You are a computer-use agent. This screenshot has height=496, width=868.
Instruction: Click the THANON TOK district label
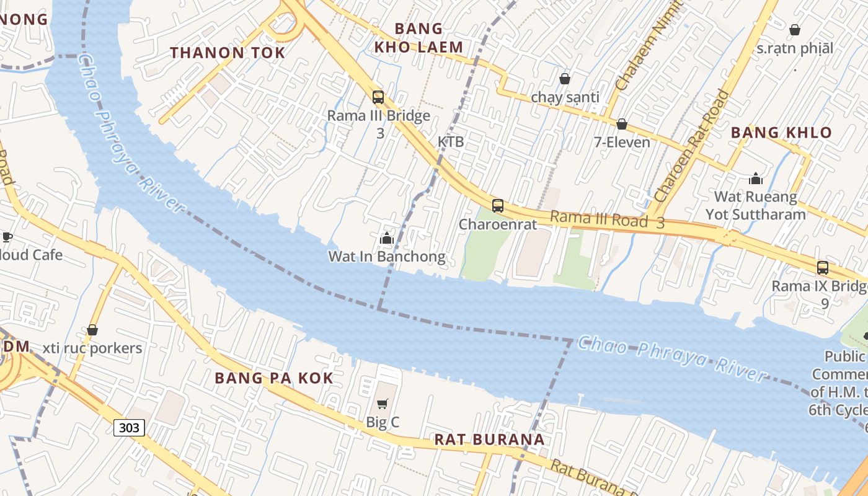tap(228, 53)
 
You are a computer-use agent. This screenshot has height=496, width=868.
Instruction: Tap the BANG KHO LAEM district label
tap(419, 38)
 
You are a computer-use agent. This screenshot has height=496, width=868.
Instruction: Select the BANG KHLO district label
tap(781, 132)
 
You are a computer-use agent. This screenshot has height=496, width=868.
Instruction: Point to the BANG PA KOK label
tap(274, 378)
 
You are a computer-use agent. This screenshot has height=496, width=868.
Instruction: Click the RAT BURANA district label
tap(489, 440)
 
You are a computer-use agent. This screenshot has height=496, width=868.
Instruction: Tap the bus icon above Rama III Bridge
tap(378, 97)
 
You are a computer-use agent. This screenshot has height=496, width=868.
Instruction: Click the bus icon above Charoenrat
tap(497, 205)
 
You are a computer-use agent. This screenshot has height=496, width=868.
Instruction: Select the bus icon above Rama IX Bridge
tap(822, 267)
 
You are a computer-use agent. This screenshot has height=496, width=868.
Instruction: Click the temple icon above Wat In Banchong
tap(387, 238)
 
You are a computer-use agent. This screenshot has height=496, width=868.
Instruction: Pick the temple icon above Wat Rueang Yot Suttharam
tap(755, 179)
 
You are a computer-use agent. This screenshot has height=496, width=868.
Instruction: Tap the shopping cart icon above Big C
tap(383, 404)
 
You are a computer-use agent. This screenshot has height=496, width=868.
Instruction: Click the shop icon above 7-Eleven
tap(622, 124)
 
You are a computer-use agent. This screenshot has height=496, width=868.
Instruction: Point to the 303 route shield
tap(129, 427)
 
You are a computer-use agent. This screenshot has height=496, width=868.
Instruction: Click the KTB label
tap(451, 141)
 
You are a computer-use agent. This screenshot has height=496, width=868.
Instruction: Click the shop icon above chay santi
tap(564, 79)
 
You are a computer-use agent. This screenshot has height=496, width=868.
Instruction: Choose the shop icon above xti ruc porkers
tap(92, 330)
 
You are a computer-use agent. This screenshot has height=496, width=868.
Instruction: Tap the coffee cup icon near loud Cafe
tap(6, 237)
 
